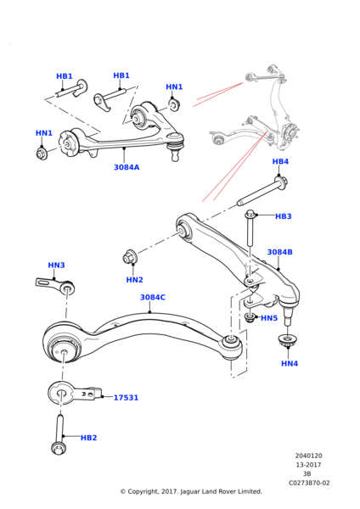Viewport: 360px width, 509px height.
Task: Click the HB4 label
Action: [x=280, y=161]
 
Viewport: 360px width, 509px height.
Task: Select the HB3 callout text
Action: [x=283, y=216]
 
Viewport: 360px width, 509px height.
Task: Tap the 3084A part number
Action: [x=127, y=167]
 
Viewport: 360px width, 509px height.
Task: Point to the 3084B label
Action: [x=279, y=252]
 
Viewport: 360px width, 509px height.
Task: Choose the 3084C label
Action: [x=153, y=298]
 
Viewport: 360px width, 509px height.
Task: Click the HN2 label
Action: [x=134, y=280]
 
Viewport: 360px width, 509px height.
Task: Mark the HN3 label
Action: [x=56, y=266]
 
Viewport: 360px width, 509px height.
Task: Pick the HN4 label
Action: [x=290, y=363]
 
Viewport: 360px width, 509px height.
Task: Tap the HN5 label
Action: [x=269, y=318]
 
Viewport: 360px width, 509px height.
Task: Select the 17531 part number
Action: [x=126, y=397]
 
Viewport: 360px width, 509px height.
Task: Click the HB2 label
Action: [x=88, y=438]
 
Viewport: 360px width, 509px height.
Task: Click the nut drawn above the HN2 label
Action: [x=131, y=256]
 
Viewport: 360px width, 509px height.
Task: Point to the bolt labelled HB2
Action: [x=59, y=434]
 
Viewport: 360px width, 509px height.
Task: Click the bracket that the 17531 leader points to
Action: [x=71, y=393]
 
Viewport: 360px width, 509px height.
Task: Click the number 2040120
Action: [x=308, y=456]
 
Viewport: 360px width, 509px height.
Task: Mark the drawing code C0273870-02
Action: [x=308, y=483]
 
